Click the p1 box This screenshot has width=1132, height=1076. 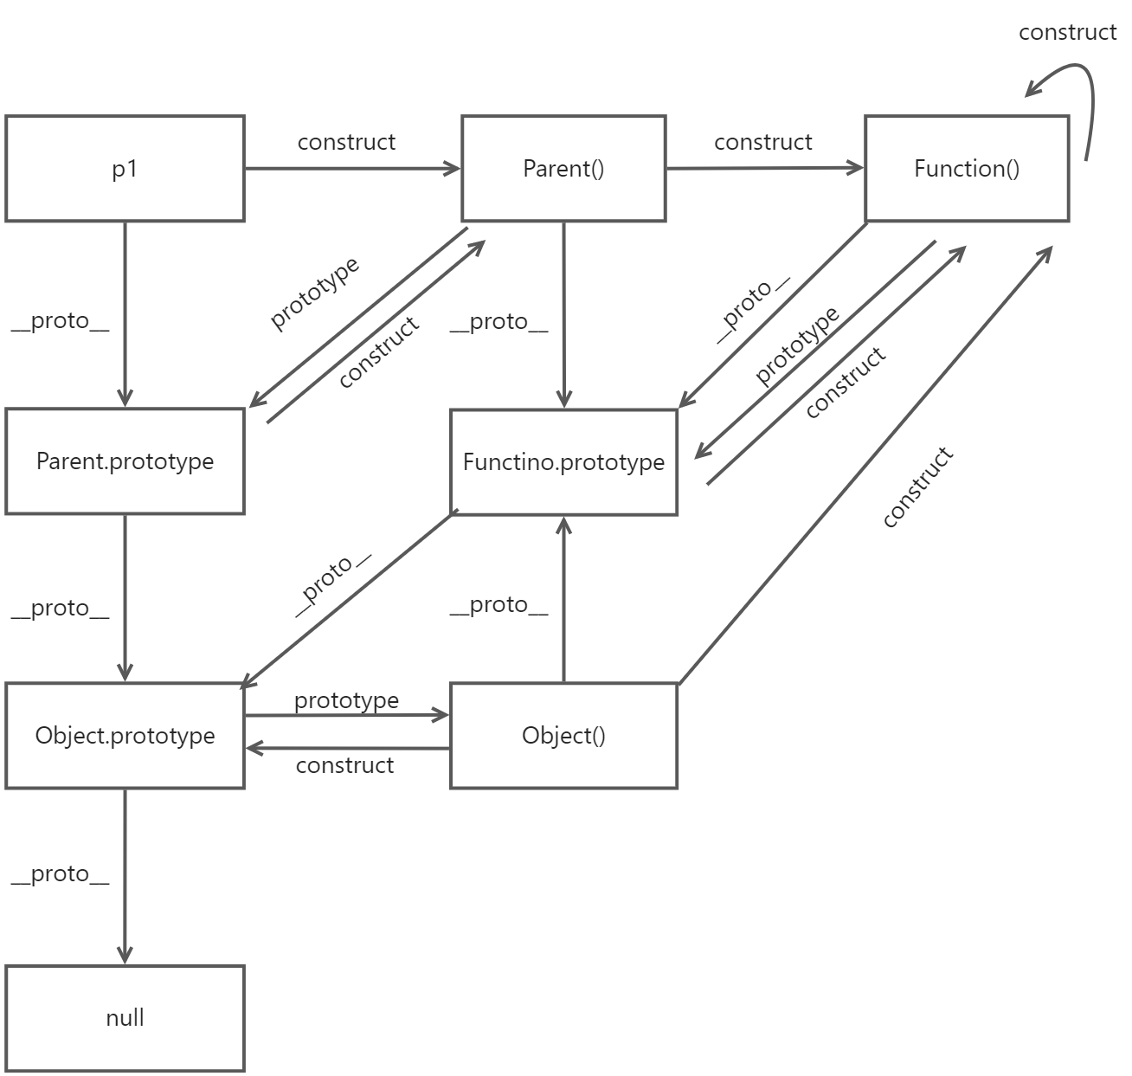point(125,169)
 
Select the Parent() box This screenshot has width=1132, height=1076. point(563,169)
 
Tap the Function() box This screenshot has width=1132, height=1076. point(967,169)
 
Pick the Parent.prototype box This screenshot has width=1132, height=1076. point(125,461)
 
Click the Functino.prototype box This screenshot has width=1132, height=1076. point(563,462)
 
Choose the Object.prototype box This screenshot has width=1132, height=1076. point(125,736)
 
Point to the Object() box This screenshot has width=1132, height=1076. point(563,736)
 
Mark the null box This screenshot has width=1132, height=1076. point(125,1018)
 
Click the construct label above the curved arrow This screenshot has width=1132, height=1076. point(1067,33)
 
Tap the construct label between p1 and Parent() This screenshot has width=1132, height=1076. point(346,142)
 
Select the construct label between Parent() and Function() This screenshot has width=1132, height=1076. point(763,142)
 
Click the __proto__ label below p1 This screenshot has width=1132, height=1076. point(61,321)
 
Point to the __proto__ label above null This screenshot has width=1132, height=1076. point(61,874)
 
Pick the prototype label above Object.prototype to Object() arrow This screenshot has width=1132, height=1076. point(346,700)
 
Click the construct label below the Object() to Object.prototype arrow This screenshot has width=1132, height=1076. point(344,765)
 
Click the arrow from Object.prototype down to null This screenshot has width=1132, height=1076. point(125,874)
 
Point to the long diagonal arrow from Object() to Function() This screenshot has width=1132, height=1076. point(865,467)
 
